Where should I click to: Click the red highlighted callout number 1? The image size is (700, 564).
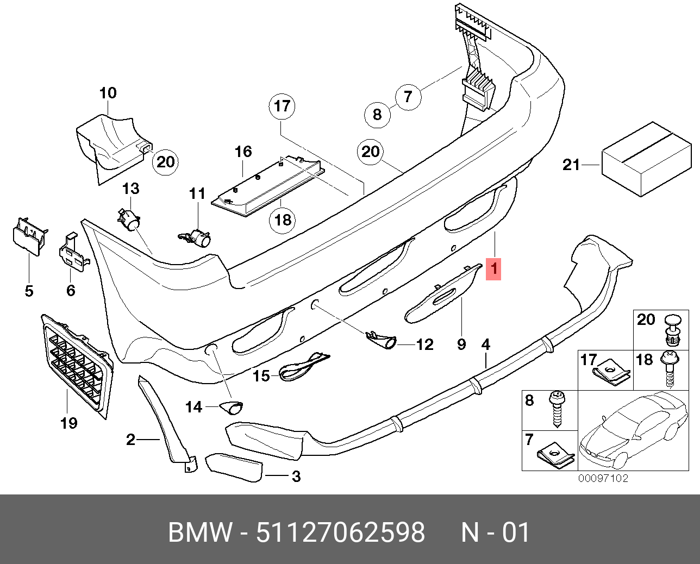pos(493,268)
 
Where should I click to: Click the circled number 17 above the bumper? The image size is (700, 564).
pos(283,106)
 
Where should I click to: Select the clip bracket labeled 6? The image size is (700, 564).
pos(71,252)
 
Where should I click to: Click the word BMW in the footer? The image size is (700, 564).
pos(199,533)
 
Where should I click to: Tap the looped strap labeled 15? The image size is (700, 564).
pos(304,365)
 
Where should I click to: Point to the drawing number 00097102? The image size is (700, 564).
pos(603,479)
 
